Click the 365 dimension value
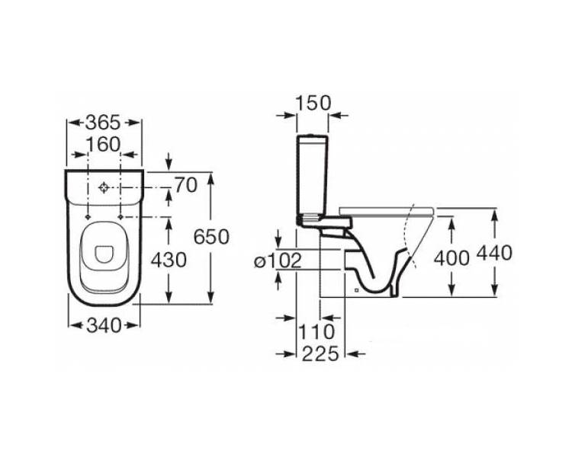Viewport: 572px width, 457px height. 102,123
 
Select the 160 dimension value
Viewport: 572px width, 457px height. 103,145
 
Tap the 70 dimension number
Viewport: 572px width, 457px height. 186,185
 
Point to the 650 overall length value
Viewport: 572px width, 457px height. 211,237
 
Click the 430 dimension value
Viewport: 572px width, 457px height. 169,260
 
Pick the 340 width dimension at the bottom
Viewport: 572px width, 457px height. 104,325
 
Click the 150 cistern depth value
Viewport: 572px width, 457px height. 313,103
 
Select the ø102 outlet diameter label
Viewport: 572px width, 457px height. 278,261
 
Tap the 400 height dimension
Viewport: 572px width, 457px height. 451,258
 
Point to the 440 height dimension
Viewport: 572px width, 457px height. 495,253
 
